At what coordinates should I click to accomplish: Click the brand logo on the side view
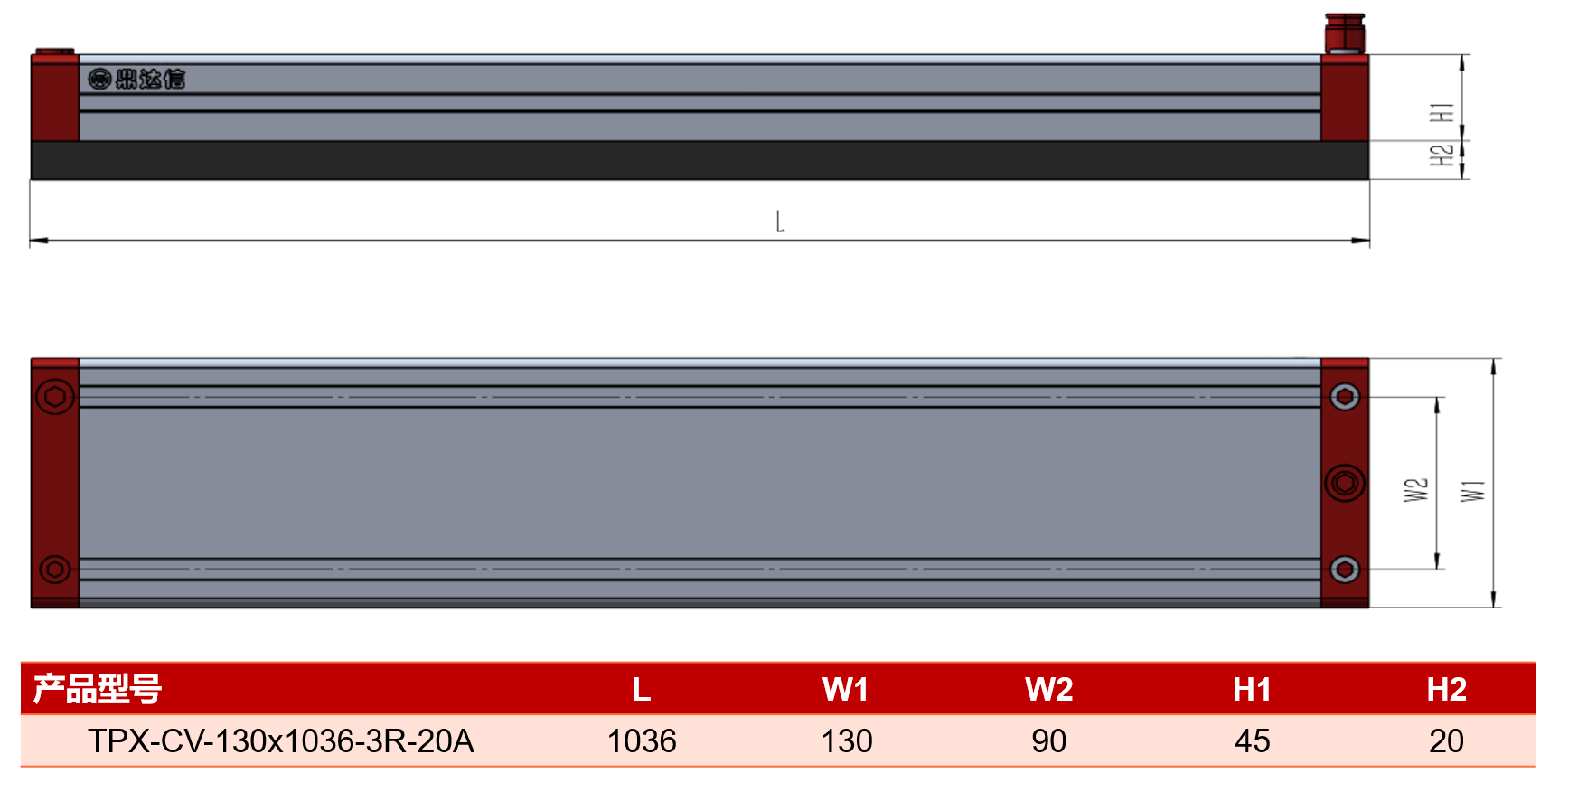pyautogui.click(x=136, y=79)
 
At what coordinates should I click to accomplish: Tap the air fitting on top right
pyautogui.click(x=1345, y=33)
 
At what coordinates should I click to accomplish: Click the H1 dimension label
pyautogui.click(x=1442, y=112)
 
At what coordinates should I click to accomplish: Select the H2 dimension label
pyautogui.click(x=1442, y=155)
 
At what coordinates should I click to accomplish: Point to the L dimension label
pyautogui.click(x=780, y=222)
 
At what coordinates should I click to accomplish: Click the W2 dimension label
pyautogui.click(x=1416, y=490)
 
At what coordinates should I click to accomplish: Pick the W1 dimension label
pyautogui.click(x=1473, y=490)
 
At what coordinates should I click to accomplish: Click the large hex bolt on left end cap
pyautogui.click(x=54, y=396)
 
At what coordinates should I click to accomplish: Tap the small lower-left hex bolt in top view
pyautogui.click(x=55, y=570)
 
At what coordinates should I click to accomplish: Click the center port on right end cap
pyautogui.click(x=1345, y=483)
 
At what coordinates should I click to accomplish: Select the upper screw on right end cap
pyautogui.click(x=1345, y=396)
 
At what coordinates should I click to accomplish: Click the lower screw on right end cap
pyautogui.click(x=1345, y=570)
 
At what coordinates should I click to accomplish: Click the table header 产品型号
pyautogui.click(x=98, y=689)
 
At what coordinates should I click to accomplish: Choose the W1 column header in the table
pyautogui.click(x=845, y=690)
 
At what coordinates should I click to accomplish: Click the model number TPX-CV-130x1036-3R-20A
pyautogui.click(x=281, y=741)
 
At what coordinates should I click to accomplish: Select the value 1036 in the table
pyautogui.click(x=642, y=741)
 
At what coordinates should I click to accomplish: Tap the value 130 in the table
pyautogui.click(x=847, y=741)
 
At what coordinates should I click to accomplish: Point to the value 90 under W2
pyautogui.click(x=1048, y=741)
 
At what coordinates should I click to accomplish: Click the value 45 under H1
pyautogui.click(x=1253, y=741)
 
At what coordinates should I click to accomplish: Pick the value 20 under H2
pyautogui.click(x=1446, y=741)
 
